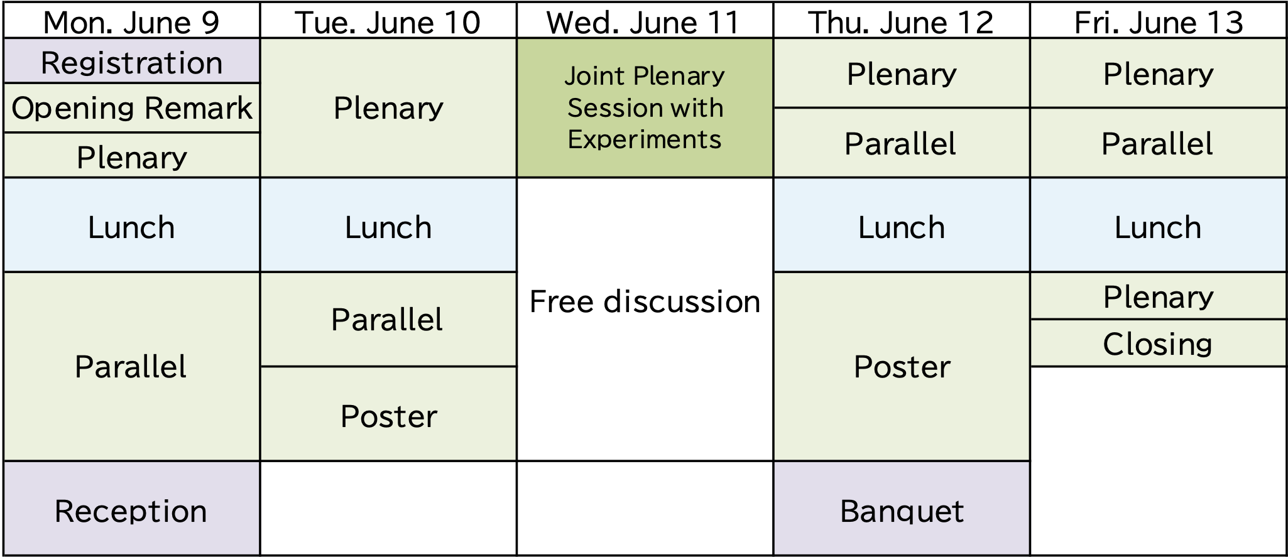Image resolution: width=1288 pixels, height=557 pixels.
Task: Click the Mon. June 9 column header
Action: (131, 21)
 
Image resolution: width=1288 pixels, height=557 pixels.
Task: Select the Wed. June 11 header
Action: (645, 21)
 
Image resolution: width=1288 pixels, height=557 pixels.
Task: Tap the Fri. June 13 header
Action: (1158, 21)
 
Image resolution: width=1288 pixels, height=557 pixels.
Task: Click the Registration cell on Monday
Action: (131, 61)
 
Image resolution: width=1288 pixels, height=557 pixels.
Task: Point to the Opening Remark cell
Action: (131, 108)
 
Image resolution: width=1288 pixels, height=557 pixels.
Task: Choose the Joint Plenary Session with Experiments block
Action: (645, 108)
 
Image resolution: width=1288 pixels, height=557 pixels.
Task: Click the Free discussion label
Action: (645, 301)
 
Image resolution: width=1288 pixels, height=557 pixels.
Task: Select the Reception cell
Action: (131, 509)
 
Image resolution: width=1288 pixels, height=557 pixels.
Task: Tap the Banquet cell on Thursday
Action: (902, 509)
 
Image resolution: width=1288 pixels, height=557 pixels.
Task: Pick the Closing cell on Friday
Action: (1158, 343)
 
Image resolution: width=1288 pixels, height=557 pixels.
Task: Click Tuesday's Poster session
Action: (388, 414)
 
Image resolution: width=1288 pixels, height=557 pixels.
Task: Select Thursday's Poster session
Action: (902, 367)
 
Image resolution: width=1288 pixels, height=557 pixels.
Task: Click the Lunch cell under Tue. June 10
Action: (388, 225)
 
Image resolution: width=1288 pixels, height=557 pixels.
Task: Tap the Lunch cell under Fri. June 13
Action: (1158, 225)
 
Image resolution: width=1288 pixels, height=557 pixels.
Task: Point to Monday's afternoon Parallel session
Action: (131, 367)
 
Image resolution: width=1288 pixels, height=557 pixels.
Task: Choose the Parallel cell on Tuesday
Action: (388, 320)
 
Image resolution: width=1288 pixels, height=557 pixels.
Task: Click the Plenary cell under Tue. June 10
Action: (388, 108)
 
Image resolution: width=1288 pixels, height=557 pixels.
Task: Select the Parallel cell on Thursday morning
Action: (902, 143)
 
